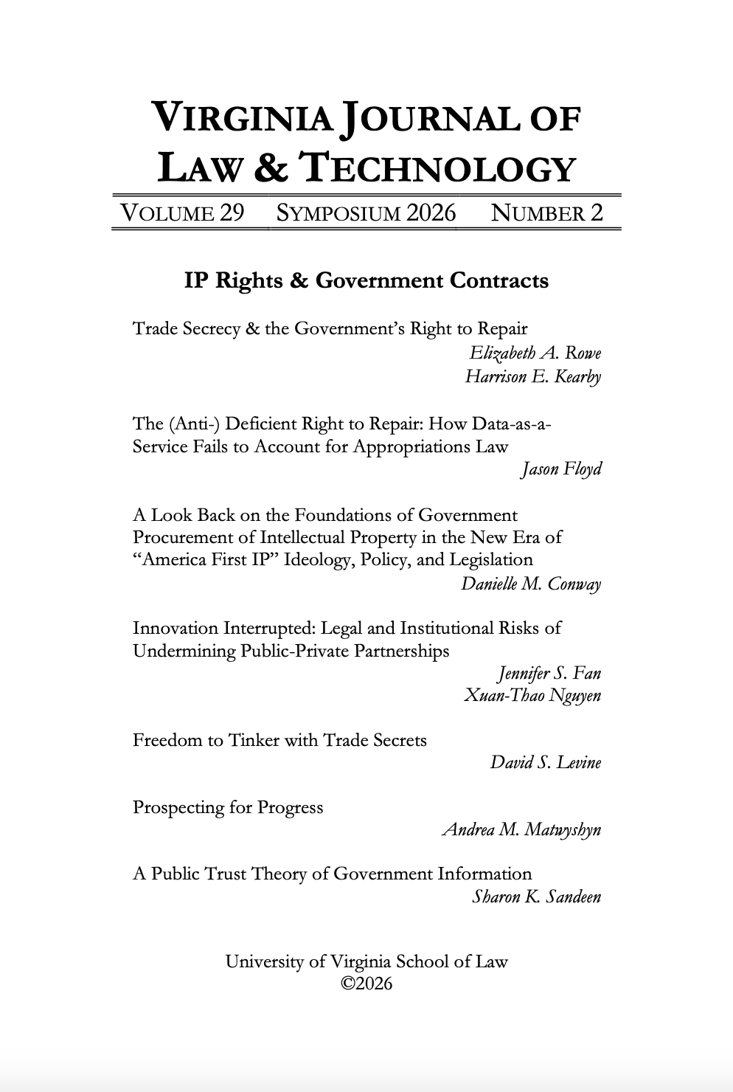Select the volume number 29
click(x=231, y=213)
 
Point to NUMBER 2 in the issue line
click(x=547, y=213)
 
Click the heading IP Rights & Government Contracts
click(x=366, y=281)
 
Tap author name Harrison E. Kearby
click(x=532, y=377)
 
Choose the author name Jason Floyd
click(x=560, y=469)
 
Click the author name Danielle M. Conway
click(x=531, y=584)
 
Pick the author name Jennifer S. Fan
click(x=549, y=674)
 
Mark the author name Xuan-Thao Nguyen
click(x=532, y=696)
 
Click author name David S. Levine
click(x=546, y=763)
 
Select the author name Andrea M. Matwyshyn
click(x=521, y=830)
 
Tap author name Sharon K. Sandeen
click(x=536, y=897)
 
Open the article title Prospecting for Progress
click(x=228, y=808)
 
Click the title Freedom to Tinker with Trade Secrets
click(x=279, y=740)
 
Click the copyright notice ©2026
click(x=366, y=984)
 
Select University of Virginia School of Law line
click(x=366, y=962)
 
